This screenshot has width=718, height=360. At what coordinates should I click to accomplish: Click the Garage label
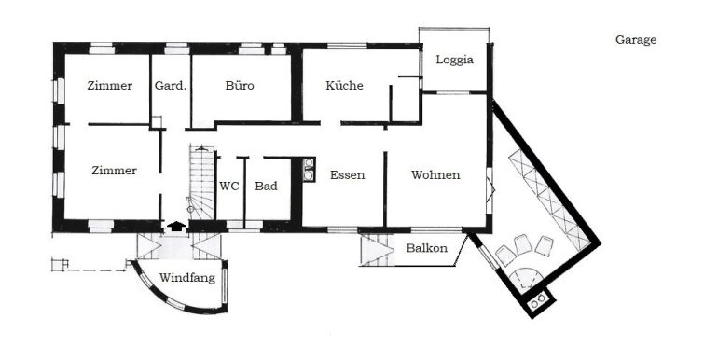coord(636,40)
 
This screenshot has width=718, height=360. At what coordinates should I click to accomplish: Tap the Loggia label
coord(455,60)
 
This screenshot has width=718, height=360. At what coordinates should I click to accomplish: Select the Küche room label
coord(344,86)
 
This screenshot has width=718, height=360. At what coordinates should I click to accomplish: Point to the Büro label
coord(240,86)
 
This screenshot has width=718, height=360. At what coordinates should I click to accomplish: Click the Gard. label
coord(171,86)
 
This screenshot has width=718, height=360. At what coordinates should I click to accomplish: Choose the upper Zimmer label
coord(110,86)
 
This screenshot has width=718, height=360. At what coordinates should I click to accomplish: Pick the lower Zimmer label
coord(114,171)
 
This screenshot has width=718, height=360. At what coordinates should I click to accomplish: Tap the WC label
coord(229,186)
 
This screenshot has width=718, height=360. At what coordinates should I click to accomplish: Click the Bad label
coord(267,186)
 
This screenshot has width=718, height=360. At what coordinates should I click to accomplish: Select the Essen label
coord(347,175)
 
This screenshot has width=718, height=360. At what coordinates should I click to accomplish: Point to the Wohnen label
coord(435,175)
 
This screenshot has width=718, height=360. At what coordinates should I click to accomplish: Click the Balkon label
coord(426,248)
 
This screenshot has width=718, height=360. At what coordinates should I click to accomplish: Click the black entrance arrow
coord(174,225)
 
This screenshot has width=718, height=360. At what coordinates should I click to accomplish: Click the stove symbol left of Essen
coord(309,170)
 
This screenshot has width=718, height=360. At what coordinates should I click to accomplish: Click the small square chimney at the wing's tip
coord(538,301)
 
